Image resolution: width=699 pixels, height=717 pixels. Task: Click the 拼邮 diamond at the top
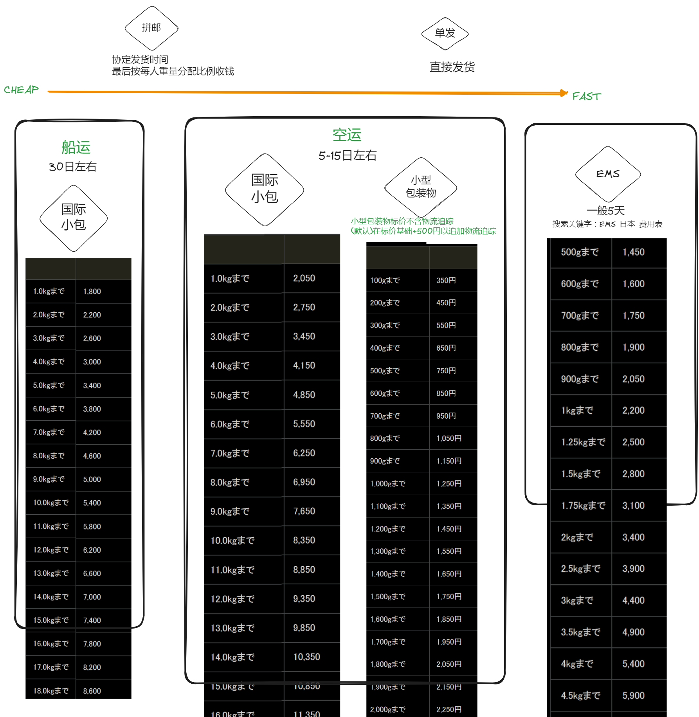click(x=151, y=28)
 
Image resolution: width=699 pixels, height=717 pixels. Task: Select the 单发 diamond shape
click(x=445, y=33)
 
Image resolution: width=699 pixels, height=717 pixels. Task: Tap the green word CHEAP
click(x=22, y=90)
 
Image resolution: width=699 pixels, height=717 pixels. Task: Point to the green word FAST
click(x=586, y=96)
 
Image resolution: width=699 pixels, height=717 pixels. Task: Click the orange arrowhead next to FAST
click(x=564, y=93)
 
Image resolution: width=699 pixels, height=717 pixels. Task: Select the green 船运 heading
click(x=76, y=148)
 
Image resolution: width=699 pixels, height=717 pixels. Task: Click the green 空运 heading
click(x=347, y=135)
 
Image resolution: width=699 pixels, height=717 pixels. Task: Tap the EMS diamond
click(x=608, y=174)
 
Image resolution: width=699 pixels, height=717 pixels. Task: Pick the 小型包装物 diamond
click(x=421, y=187)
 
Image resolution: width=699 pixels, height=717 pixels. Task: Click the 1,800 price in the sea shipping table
click(x=92, y=292)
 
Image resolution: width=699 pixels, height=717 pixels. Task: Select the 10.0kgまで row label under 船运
click(x=51, y=503)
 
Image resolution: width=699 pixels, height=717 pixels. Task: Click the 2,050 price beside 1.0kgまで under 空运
click(x=304, y=278)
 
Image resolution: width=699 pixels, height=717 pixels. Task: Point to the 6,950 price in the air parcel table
click(x=304, y=482)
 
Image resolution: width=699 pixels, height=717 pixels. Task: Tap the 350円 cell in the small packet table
click(x=446, y=281)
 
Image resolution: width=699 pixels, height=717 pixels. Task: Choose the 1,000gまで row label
click(x=388, y=484)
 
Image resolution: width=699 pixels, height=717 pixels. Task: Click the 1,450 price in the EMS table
click(x=634, y=252)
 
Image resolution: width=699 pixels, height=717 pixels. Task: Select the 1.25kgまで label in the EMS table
click(x=583, y=442)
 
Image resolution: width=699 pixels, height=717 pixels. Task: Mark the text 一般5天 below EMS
click(x=605, y=211)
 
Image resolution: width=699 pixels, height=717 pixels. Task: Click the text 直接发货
click(x=452, y=67)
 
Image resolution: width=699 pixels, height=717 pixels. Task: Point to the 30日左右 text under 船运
click(x=73, y=167)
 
